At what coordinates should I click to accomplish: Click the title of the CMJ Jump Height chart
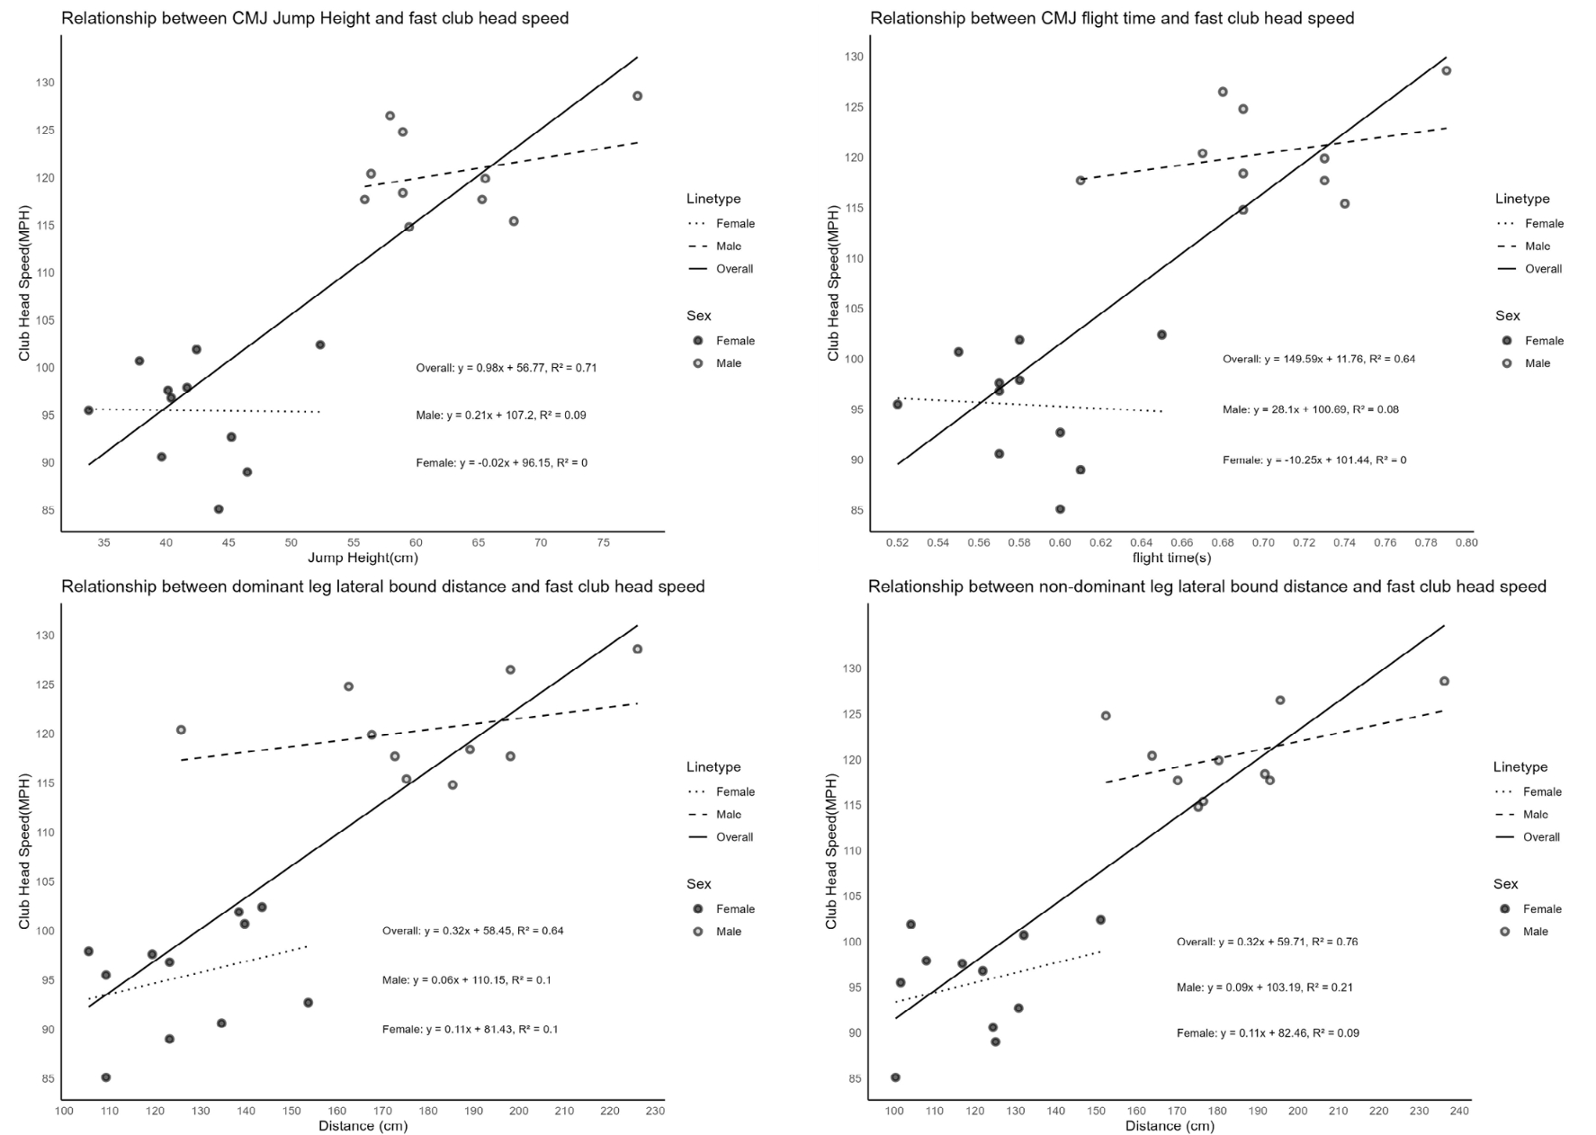315,18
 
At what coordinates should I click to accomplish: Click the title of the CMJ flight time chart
1112,18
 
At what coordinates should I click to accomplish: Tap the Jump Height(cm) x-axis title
363,558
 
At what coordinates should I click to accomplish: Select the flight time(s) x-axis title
1171,558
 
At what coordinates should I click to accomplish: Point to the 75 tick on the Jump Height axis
603,543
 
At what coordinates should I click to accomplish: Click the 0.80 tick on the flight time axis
1466,543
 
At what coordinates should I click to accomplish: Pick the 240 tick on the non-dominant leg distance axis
1459,1112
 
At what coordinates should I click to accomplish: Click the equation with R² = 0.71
506,368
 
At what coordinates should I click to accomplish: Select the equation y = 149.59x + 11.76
1318,359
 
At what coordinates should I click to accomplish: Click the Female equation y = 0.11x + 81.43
470,1029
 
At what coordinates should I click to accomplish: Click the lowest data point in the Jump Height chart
219,509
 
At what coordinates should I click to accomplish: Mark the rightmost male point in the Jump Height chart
637,96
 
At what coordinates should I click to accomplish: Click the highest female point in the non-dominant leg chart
910,925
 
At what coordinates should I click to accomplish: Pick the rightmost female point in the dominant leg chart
308,1003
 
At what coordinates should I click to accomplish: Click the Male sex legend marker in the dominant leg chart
698,932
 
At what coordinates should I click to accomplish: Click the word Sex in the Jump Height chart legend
699,316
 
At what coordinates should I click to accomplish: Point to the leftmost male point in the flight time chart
1080,181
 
